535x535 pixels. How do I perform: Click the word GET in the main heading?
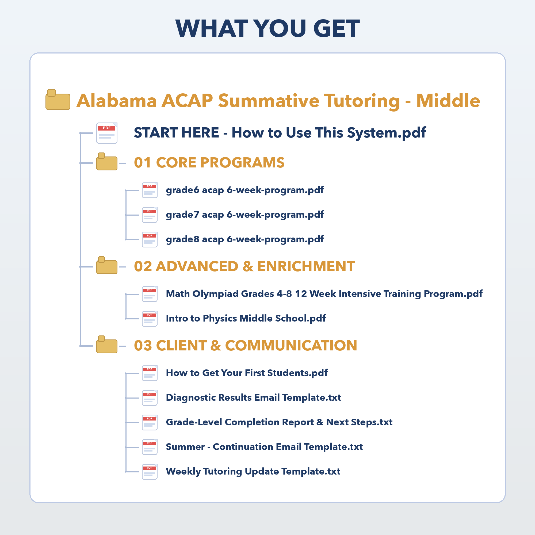tap(336, 28)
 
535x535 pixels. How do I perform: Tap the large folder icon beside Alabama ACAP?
tap(58, 100)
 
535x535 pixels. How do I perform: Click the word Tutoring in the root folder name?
tap(362, 101)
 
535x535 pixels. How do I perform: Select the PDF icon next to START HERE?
tap(107, 133)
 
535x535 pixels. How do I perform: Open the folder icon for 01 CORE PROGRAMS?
tap(107, 162)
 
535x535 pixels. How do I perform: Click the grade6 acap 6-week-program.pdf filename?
tap(245, 190)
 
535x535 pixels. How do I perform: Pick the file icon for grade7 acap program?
tap(150, 215)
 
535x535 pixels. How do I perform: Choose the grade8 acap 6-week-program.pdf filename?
tap(245, 239)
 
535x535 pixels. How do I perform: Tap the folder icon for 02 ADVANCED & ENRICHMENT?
tap(107, 265)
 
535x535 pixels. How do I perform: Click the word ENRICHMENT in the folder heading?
tap(306, 266)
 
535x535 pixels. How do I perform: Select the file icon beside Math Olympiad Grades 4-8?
tap(150, 294)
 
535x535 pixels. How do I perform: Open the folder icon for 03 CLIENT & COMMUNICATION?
tap(107, 345)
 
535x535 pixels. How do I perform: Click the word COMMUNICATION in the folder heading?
tap(291, 346)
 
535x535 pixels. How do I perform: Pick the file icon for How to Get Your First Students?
tap(150, 373)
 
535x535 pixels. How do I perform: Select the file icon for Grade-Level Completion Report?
tap(150, 423)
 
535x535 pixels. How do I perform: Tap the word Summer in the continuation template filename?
tap(185, 447)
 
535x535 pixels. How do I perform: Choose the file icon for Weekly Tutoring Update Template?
tap(150, 472)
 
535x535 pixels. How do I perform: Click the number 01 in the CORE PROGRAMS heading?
tap(143, 163)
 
